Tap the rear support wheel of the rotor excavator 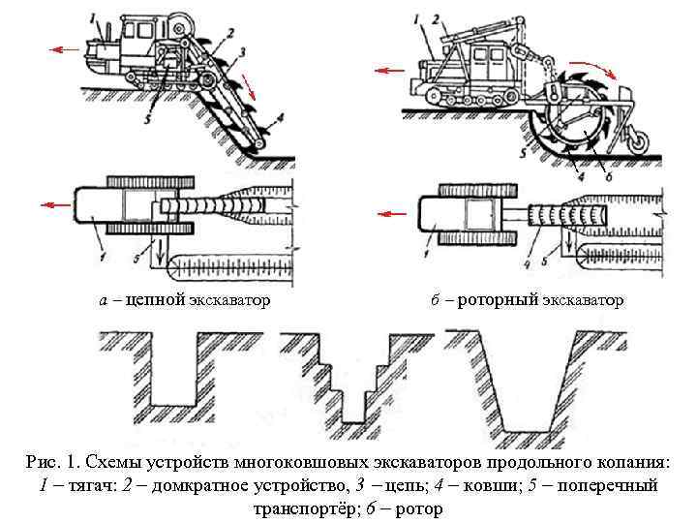(639, 142)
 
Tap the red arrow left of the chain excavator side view (66, 46)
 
